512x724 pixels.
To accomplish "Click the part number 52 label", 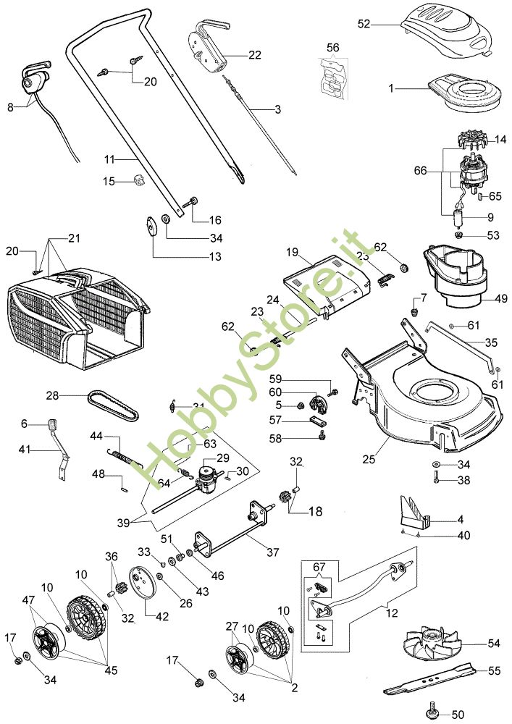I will pyautogui.click(x=364, y=24).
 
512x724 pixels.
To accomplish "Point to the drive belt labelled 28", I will pyautogui.click(x=112, y=407).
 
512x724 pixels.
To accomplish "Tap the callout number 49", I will pyautogui.click(x=501, y=299).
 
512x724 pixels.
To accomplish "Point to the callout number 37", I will pyautogui.click(x=272, y=552).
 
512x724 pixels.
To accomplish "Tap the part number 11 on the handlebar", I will pyautogui.click(x=109, y=157).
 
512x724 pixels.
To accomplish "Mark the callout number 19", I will pyautogui.click(x=291, y=253).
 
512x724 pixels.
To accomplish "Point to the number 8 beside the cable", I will pyautogui.click(x=10, y=107).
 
